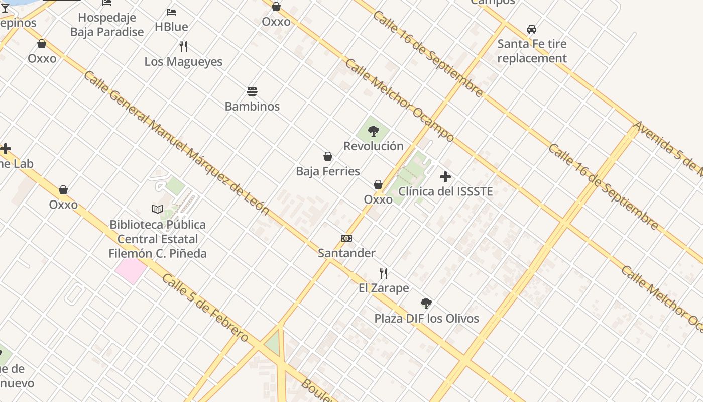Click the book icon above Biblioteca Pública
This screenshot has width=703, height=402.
[158, 209]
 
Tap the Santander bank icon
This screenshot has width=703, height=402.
[346, 238]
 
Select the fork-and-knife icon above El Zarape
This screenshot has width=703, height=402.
[384, 273]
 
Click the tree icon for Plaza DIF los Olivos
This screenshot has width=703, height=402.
[426, 304]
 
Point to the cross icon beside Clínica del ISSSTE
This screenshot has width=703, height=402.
[445, 177]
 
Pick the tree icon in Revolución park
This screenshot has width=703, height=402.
[373, 132]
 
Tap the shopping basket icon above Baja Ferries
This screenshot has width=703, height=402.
[328, 157]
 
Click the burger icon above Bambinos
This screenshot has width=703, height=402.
[252, 91]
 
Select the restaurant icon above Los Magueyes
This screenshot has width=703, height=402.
[183, 47]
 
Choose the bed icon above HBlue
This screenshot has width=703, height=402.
[171, 12]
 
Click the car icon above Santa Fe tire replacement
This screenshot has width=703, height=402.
[532, 29]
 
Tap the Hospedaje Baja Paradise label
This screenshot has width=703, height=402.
[107, 25]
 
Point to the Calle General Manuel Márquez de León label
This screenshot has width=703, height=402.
[176, 143]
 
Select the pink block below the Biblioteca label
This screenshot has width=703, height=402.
[131, 270]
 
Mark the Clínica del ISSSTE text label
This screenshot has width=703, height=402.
[445, 191]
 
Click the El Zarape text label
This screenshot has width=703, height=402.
[384, 288]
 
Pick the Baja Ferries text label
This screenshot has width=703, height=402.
[328, 171]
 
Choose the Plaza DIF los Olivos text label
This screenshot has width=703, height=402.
[426, 318]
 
